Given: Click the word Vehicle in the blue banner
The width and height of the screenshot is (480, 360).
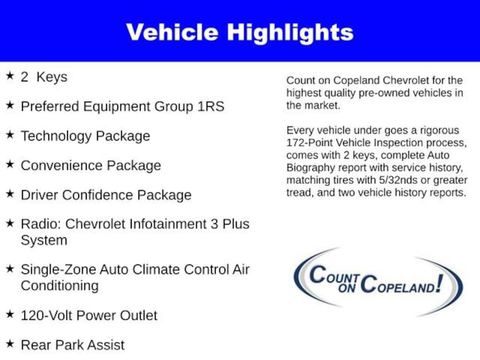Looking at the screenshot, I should click(172, 32).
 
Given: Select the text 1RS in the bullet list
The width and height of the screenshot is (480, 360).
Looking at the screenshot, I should click(210, 107).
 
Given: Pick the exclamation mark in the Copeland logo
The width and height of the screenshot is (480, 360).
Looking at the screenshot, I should click(439, 283).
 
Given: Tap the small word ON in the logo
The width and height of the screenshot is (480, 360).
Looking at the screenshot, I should click(347, 288).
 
